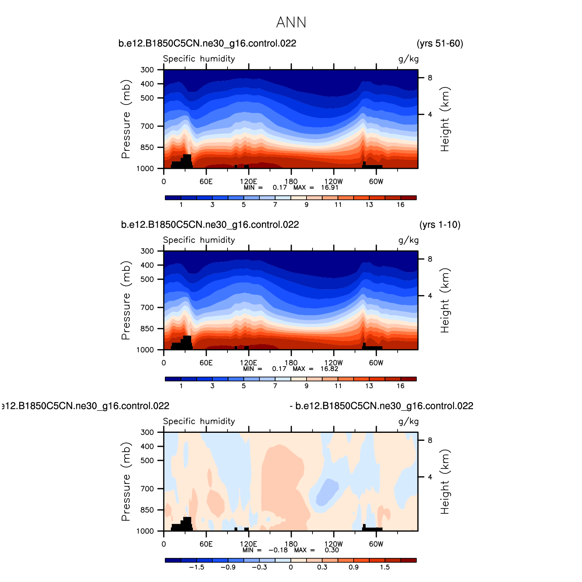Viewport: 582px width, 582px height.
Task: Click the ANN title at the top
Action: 291,22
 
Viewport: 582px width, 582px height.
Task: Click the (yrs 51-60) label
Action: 439,43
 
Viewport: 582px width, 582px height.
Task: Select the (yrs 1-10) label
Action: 439,225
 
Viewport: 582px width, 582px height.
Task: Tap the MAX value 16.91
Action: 330,187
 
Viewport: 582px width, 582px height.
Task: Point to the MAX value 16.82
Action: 329,369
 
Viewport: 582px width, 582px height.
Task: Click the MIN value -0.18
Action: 278,550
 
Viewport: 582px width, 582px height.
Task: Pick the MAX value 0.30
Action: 331,550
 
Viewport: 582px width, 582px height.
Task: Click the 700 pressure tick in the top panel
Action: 147,126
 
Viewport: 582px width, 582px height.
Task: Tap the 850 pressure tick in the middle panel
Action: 147,329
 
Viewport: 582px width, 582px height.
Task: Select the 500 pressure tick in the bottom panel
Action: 147,460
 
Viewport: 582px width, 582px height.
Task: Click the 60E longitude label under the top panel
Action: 206,182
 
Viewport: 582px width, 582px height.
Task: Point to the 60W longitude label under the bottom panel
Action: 376,544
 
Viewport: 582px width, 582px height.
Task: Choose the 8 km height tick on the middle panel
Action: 430,259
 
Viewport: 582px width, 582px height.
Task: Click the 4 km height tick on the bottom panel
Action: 430,477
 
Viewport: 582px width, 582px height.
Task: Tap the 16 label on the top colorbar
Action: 400,205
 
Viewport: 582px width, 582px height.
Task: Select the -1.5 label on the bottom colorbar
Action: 196,567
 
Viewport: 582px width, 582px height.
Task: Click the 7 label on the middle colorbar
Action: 275,386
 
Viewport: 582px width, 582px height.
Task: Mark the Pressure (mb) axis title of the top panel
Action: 126,119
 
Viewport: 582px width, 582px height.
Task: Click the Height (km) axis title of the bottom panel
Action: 445,481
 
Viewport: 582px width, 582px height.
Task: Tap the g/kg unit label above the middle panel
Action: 408,240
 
